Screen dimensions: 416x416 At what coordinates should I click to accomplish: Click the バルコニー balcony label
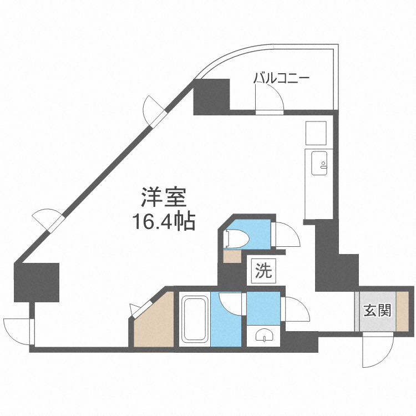coord(281,79)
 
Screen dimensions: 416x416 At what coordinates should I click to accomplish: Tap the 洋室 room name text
coord(164,197)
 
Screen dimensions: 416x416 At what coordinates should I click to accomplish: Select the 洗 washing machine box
coord(263,272)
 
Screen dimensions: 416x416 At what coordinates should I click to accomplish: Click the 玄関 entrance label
coord(378,310)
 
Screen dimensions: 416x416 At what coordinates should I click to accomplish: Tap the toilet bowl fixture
coord(236,239)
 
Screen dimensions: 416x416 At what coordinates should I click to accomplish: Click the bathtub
coord(195,319)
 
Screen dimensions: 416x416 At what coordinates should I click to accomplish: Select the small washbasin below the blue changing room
coord(263,336)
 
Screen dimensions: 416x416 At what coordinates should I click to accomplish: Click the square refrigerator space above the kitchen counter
coord(316,133)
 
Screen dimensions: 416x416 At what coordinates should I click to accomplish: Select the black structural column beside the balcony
coord(211,97)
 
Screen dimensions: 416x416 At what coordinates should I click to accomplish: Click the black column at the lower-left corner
coord(37,282)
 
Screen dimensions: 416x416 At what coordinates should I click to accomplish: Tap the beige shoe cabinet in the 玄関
coord(403,311)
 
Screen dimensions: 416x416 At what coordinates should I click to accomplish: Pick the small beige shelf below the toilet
coord(232,257)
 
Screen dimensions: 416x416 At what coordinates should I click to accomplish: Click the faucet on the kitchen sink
coord(323,165)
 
